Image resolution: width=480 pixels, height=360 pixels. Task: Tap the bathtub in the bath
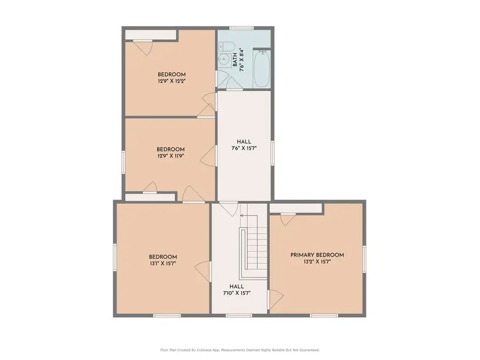(x=261, y=68)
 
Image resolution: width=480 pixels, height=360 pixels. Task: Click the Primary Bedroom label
(x=317, y=255)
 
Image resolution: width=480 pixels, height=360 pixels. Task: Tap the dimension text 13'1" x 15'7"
(x=163, y=263)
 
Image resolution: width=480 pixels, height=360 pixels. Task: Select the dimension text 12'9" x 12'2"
(x=171, y=82)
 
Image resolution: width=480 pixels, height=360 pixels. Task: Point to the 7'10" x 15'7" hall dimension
(x=237, y=293)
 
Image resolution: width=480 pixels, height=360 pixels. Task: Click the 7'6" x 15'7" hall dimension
(x=244, y=149)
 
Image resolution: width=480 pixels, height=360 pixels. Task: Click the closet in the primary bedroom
(x=295, y=208)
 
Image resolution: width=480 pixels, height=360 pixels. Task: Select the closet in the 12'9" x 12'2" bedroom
(x=150, y=35)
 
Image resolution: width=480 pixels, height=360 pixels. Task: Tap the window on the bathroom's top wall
(x=241, y=27)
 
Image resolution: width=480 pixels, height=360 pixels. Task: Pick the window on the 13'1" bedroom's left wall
(x=114, y=258)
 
